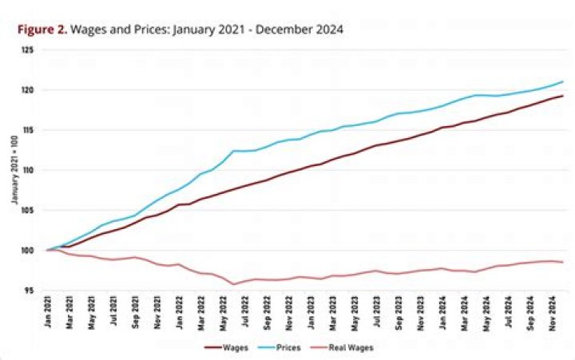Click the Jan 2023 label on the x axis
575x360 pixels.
311,312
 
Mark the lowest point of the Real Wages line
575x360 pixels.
234,284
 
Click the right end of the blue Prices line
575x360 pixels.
564,81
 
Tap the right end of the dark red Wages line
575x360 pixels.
564,96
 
